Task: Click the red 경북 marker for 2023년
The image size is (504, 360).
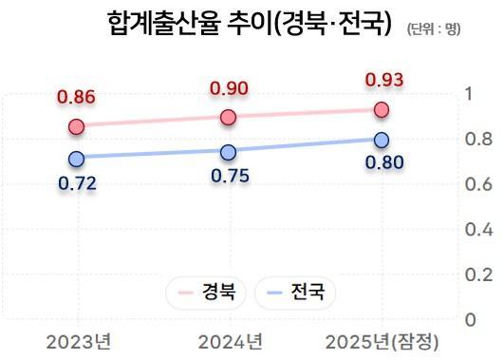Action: [x=77, y=126]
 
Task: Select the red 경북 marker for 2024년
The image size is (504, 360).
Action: [x=228, y=118]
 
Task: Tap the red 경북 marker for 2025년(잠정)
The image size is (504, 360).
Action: [x=381, y=109]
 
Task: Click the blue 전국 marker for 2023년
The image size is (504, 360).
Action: [x=77, y=159]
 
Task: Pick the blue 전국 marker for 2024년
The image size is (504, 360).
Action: [x=228, y=152]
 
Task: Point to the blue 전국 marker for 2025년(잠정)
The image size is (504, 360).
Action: [x=381, y=140]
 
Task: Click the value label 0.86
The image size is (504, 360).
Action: [x=77, y=97]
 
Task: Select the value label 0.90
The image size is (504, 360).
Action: [x=228, y=88]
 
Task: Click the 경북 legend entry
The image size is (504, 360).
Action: [x=207, y=292]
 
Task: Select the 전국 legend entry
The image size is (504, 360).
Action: [x=296, y=292]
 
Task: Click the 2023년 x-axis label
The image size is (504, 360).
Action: [x=77, y=340]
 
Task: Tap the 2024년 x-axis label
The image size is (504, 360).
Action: [x=228, y=340]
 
